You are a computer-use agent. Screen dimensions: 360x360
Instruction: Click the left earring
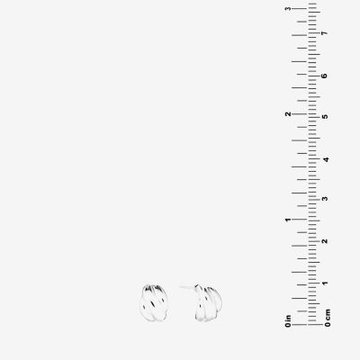click(153, 301)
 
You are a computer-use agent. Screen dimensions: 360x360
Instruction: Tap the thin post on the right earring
click(187, 287)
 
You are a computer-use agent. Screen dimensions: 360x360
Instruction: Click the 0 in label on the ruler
click(288, 320)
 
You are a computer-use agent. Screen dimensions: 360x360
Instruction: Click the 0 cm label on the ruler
click(328, 318)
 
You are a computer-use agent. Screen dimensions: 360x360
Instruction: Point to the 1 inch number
click(288, 220)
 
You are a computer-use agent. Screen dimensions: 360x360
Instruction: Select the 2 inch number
click(288, 114)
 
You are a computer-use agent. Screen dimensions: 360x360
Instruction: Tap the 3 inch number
click(288, 8)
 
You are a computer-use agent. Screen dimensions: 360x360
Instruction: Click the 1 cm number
click(324, 283)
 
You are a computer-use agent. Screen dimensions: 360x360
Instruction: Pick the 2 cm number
click(324, 241)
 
